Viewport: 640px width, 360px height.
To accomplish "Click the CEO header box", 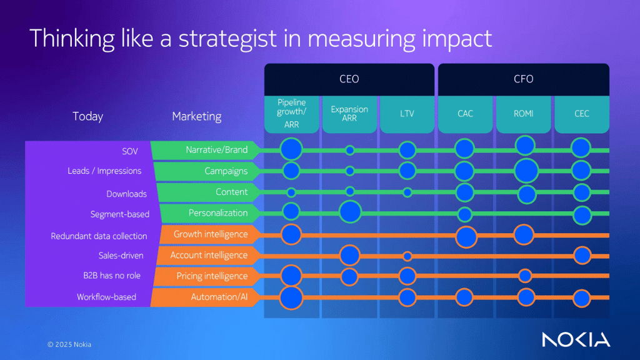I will pyautogui.click(x=349, y=79).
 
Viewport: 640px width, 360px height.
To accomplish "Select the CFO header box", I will pyautogui.click(x=523, y=79).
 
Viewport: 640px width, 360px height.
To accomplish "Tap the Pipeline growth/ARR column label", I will pyautogui.click(x=291, y=114).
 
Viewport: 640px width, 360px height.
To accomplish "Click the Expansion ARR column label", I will pyautogui.click(x=349, y=113).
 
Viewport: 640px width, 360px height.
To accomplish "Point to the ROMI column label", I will pyautogui.click(x=523, y=114).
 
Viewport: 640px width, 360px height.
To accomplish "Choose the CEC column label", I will pyautogui.click(x=581, y=114).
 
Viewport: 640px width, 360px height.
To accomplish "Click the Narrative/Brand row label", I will pyautogui.click(x=216, y=150).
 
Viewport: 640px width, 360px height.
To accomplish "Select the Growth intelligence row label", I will pyautogui.click(x=211, y=234).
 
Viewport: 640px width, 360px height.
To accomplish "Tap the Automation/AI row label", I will pyautogui.click(x=219, y=297).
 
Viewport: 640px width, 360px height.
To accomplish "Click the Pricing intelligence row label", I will pyautogui.click(x=212, y=276).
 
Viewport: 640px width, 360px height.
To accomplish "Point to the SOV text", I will pyautogui.click(x=130, y=151).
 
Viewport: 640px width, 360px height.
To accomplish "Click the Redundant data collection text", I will pyautogui.click(x=99, y=236).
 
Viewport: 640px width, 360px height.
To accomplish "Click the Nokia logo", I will pyautogui.click(x=576, y=339).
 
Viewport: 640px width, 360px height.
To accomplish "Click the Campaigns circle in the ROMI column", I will pyautogui.click(x=526, y=171).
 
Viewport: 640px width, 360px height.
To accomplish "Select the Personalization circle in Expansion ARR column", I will pyautogui.click(x=350, y=212).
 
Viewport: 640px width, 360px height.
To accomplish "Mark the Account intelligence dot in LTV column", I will pyautogui.click(x=407, y=256).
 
